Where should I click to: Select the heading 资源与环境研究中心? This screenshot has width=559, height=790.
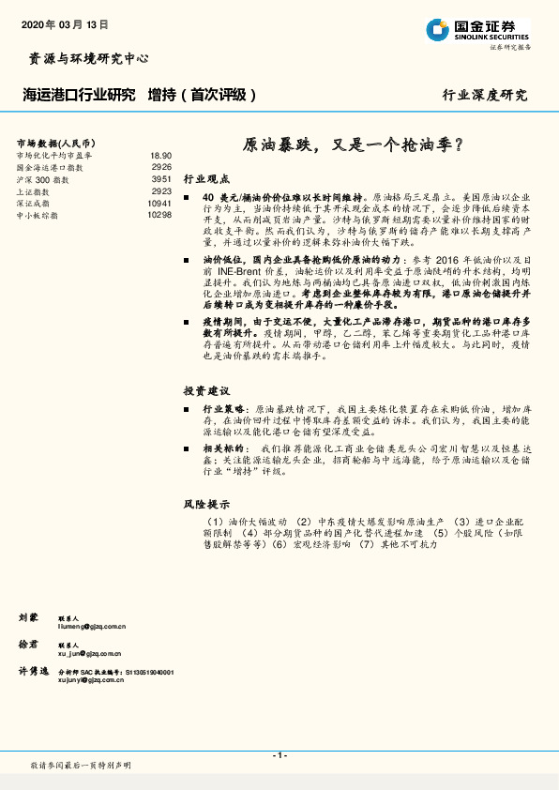coord(84,58)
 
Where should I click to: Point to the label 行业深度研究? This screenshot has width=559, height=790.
coord(485,95)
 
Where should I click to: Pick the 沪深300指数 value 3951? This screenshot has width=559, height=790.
coord(161,178)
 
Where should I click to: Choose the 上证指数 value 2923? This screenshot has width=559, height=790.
coord(161,190)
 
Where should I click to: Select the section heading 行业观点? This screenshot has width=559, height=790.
coord(205,177)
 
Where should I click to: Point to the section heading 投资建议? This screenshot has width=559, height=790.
coord(205,389)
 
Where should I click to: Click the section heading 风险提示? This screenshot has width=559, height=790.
coord(205,504)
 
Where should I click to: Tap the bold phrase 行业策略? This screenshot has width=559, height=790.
coord(222,410)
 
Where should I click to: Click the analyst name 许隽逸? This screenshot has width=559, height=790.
coord(33,673)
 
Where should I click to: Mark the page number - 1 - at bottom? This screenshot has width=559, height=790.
coord(279,755)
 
